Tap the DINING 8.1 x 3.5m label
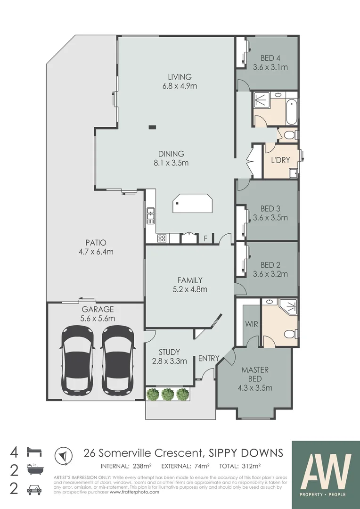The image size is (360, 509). [171, 158]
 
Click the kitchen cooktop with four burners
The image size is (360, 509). [162, 238]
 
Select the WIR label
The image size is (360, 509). [250, 324]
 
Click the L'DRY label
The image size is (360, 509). [280, 160]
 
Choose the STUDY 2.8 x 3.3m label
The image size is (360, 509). [169, 356]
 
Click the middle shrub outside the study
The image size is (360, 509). [168, 394]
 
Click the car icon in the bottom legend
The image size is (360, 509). [35, 489]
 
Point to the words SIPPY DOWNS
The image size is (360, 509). [246, 453]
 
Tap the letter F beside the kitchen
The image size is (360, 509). [205, 238]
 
